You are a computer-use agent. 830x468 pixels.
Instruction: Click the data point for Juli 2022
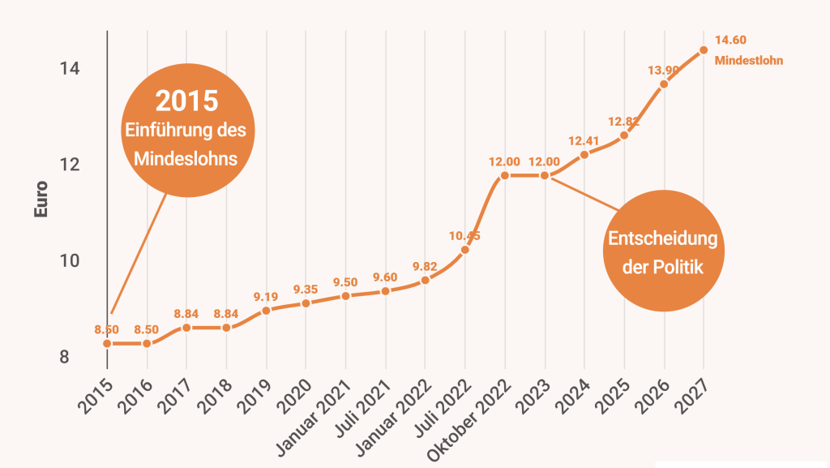pos(465,250)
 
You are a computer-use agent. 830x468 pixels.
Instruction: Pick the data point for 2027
pos(704,50)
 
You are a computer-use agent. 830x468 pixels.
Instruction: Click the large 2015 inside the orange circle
pos(187,101)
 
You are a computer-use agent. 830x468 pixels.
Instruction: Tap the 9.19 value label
pos(267,296)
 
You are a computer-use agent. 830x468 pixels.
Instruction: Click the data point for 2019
pos(267,311)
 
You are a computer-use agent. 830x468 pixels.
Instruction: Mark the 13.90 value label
pos(664,71)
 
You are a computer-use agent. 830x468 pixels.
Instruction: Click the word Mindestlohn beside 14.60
pos(749,60)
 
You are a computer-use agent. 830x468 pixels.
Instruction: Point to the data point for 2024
pos(584,155)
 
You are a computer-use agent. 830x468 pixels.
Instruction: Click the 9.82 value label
pos(426,266)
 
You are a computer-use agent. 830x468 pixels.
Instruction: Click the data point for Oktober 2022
pos(505,175)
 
